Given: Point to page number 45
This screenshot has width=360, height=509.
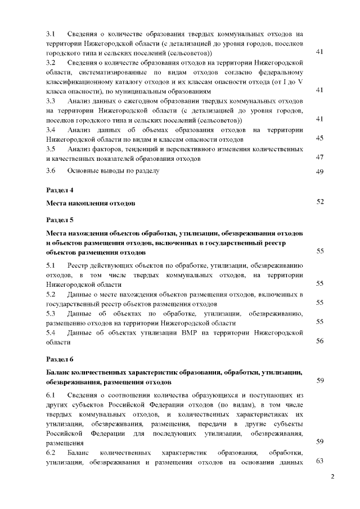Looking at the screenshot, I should click(319, 138).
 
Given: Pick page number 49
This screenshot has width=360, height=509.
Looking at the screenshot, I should click(319, 172).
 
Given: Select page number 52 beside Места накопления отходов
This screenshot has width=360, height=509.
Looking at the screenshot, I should click(319, 201).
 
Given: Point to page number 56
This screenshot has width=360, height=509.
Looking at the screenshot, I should click(319, 341).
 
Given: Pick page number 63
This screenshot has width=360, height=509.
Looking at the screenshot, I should click(319, 462).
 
